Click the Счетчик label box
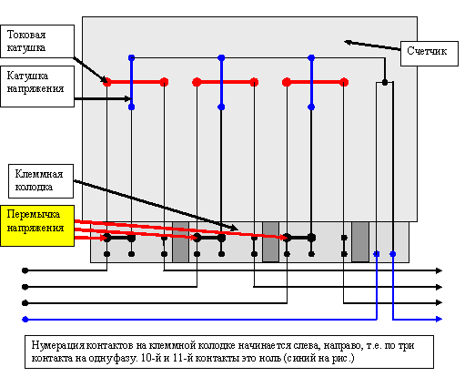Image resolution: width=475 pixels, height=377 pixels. coord(430,54)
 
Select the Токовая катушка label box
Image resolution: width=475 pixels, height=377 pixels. coord(37,41)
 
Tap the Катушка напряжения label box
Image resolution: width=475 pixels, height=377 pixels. coord(37,87)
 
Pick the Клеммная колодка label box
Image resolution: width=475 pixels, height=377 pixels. coord(41,181)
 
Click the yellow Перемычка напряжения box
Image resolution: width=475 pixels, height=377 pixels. coord(37,226)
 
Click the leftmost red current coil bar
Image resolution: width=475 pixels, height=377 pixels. coord(136,82)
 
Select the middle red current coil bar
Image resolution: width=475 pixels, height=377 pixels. coord(226,82)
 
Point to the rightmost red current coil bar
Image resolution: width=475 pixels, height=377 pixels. coord(315,82)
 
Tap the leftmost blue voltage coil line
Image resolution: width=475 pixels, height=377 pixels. coord(131,82)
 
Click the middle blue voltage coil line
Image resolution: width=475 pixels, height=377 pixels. coord(221,82)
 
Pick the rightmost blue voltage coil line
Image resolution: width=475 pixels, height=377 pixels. coord(311,82)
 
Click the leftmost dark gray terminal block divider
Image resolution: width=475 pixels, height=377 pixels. coord(180,242)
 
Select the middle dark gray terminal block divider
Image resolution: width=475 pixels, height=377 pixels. coord(270,242)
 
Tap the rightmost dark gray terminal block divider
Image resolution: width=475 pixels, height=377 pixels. coord(360,242)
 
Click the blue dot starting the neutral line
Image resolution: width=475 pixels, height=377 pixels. coord(25,319)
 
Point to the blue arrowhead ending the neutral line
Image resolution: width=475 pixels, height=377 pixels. coord(439,319)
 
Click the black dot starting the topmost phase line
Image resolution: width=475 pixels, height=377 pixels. coord(25,270)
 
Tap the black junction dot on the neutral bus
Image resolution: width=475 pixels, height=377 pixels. coord(385,82)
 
